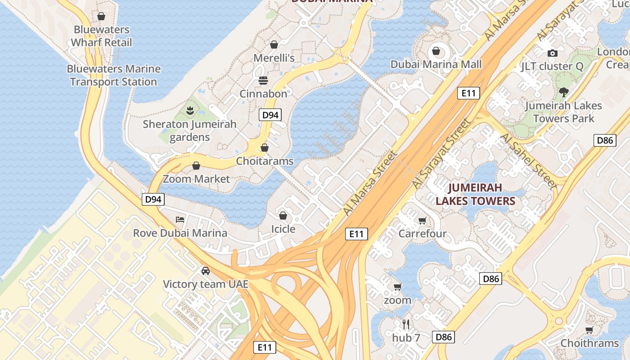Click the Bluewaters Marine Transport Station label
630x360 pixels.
pyautogui.click(x=113, y=75)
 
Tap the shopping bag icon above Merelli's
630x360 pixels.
pyautogui.click(x=274, y=44)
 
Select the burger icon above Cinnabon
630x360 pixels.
pyautogui.click(x=263, y=80)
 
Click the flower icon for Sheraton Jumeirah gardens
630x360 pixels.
pyautogui.click(x=189, y=110)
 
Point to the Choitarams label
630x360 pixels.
pyautogui.click(x=265, y=161)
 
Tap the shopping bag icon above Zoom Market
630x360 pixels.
pyautogui.click(x=196, y=166)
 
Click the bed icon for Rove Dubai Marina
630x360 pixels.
pyautogui.click(x=180, y=220)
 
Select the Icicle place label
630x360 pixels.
pyautogui.click(x=283, y=229)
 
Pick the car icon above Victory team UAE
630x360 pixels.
pyautogui.click(x=206, y=271)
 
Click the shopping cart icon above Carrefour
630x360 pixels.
pyautogui.click(x=422, y=220)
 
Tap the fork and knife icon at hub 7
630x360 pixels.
pyautogui.click(x=405, y=324)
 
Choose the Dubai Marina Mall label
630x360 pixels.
pyautogui.click(x=436, y=64)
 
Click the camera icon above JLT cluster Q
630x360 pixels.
pyautogui.click(x=552, y=53)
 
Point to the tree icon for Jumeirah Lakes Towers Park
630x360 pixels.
pyautogui.click(x=563, y=92)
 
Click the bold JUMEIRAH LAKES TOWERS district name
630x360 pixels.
pyautogui.click(x=475, y=194)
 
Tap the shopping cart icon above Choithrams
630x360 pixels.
pyautogui.click(x=589, y=330)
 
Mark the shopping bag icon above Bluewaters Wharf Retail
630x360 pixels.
pyautogui.click(x=101, y=16)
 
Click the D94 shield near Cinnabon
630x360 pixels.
pyautogui.click(x=270, y=115)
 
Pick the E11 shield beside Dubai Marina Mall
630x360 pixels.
pyautogui.click(x=468, y=93)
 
